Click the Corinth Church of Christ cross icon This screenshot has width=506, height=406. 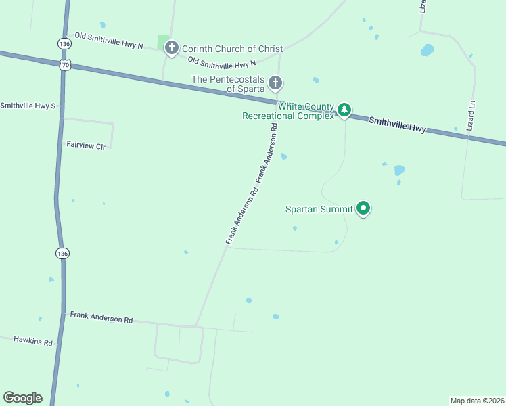pyautogui.click(x=172, y=48)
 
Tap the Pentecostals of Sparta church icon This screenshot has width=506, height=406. pyautogui.click(x=275, y=83)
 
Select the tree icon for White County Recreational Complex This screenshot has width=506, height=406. pyautogui.click(x=344, y=110)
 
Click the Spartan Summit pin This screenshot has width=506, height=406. pyautogui.click(x=363, y=208)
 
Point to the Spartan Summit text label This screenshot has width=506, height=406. pyautogui.click(x=319, y=209)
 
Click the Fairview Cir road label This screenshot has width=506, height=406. pyautogui.click(x=86, y=145)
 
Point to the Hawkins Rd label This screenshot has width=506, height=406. pyautogui.click(x=32, y=342)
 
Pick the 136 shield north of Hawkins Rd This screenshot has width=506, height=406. pyautogui.click(x=63, y=253)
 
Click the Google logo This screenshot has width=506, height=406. pyautogui.click(x=22, y=398)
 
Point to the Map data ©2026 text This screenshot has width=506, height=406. pyautogui.click(x=477, y=400)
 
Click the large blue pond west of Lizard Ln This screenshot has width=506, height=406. pyautogui.click(x=427, y=50)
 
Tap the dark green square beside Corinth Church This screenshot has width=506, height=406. pyautogui.click(x=162, y=43)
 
